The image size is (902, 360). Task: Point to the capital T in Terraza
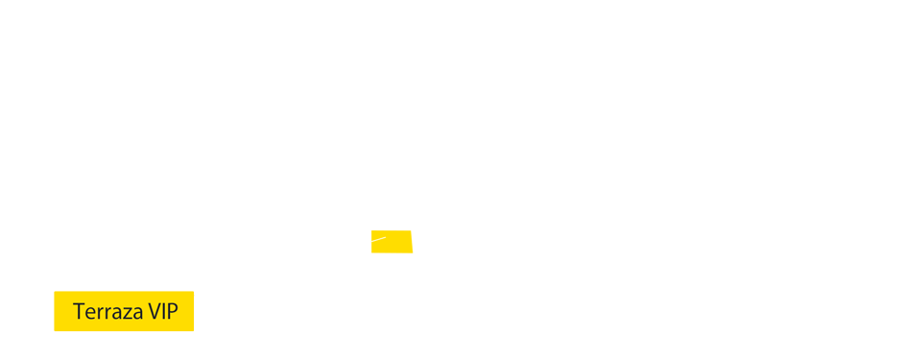click(x=77, y=312)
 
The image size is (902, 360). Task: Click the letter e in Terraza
click(x=86, y=313)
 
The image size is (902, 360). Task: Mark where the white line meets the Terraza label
click(x=195, y=294)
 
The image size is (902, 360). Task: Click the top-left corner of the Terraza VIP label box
click(x=54, y=291)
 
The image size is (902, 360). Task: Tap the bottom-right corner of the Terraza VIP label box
click(x=194, y=331)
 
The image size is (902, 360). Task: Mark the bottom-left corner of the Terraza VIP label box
click(x=54, y=331)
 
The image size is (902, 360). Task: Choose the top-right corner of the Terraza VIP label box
click(x=194, y=291)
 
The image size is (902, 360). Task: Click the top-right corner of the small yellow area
click(x=412, y=230)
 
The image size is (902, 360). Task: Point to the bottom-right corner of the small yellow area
click(x=413, y=253)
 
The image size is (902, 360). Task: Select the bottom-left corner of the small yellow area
click(x=371, y=252)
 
